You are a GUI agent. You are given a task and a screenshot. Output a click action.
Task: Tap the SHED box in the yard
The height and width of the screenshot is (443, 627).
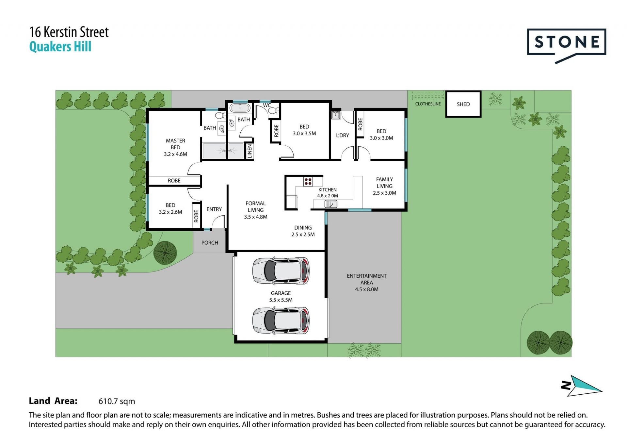point(463,104)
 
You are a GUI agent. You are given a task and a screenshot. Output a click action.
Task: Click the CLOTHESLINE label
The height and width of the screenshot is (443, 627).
point(428,104)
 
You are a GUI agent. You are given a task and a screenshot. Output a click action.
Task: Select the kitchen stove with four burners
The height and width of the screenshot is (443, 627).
point(308,181)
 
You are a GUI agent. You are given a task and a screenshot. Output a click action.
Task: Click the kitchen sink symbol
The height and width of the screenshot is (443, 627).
point(331,204)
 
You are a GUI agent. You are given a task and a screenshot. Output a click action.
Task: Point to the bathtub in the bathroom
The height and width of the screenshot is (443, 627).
point(240,107)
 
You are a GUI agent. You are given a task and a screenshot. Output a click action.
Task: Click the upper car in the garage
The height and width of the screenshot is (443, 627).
point(281,271)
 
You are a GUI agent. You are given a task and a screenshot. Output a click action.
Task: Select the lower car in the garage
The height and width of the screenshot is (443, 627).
point(281,320)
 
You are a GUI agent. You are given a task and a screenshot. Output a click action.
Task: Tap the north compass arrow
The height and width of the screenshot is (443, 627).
point(582,386)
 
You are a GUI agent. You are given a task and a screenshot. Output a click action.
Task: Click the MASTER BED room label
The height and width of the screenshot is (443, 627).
point(175,144)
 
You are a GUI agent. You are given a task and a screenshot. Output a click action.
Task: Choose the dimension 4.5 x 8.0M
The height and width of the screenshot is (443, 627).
point(367,289)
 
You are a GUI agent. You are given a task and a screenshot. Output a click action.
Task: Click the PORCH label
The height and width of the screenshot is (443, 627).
point(210,243)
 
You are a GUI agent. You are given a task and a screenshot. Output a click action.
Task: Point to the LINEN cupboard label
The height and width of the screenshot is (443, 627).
point(250,151)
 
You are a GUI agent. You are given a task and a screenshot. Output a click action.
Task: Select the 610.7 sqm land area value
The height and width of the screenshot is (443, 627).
point(117,401)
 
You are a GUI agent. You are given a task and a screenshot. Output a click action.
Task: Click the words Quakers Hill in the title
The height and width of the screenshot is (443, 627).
point(60,47)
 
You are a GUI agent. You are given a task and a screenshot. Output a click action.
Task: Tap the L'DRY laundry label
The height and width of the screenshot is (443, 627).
point(343,135)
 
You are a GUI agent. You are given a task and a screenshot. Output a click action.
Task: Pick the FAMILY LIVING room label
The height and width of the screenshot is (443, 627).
point(384,183)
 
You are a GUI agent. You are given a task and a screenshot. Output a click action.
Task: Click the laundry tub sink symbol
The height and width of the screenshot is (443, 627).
point(336,115)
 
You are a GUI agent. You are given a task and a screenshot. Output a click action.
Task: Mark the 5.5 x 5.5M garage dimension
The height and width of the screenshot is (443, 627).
point(281,300)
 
